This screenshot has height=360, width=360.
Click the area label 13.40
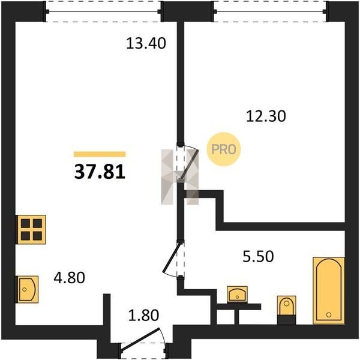point(146,43)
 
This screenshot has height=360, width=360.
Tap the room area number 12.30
point(266,116)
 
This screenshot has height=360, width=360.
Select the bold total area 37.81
point(100,172)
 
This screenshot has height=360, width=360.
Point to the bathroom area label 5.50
point(258,256)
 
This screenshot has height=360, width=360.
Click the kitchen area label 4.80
point(70,277)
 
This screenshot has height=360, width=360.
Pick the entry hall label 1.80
point(143,315)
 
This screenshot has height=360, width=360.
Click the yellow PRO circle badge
point(224,149)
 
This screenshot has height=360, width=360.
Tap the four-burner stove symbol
point(31,229)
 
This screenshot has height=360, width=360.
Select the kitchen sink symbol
point(28,289)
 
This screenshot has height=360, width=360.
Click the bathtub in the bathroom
point(329,290)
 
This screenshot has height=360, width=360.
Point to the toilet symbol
point(286,310)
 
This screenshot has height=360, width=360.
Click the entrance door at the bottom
point(140,340)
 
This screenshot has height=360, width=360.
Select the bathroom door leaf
point(171,258)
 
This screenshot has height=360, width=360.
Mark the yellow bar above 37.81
point(100,154)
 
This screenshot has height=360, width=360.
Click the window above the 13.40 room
point(104,11)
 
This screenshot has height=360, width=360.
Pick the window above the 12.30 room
point(270,11)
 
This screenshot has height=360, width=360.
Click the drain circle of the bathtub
point(329,314)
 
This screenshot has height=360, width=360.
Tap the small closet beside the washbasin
point(226,317)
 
